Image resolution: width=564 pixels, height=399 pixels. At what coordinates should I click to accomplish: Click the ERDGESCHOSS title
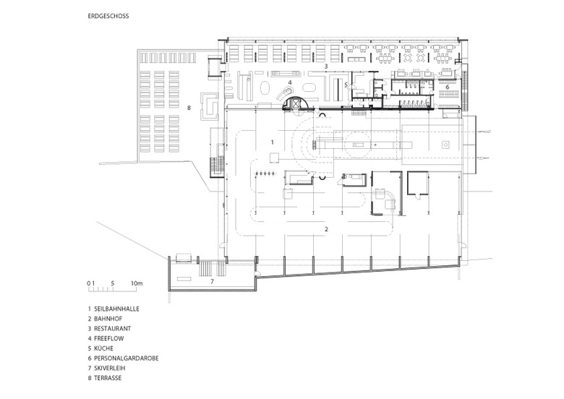point(108,16)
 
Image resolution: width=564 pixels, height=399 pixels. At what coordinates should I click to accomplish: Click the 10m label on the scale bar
point(137,283)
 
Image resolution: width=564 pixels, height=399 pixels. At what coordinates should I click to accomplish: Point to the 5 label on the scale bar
point(113,283)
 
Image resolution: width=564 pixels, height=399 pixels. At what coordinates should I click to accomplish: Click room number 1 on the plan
point(273,142)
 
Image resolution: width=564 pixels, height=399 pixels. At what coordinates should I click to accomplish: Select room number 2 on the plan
point(327,229)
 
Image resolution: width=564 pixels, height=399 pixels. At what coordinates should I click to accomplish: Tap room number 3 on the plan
point(326,66)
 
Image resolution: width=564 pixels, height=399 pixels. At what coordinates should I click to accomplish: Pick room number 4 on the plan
point(290,82)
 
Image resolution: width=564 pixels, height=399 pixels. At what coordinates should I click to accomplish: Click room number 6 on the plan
point(448,87)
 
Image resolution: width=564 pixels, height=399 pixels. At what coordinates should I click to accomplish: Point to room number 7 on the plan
point(212,281)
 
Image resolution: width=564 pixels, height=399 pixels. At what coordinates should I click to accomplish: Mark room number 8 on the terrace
point(189,107)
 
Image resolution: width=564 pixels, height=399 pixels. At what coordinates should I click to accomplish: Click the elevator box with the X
point(296,103)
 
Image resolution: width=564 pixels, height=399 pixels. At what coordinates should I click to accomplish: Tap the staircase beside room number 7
point(212,268)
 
